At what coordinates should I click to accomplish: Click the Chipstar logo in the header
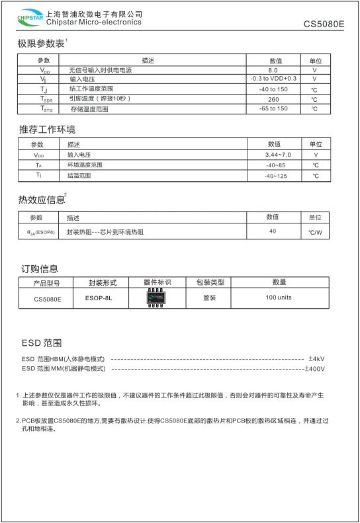coord(27,19)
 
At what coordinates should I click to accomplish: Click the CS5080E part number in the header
coord(324,24)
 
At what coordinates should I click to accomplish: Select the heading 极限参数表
coord(41,44)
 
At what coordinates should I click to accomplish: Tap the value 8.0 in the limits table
coord(273,69)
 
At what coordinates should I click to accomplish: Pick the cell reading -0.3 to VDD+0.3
coord(273,79)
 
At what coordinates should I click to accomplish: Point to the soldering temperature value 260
coord(273,99)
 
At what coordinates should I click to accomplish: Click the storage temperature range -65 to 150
coord(273,108)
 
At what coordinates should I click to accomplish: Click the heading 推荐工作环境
coord(46,128)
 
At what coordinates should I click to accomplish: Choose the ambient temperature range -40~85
coord(275,165)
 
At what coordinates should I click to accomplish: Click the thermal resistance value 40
coord(273,231)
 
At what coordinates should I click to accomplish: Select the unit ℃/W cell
coord(315,233)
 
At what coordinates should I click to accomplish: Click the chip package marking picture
coord(157,298)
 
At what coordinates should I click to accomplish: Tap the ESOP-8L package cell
coord(99,298)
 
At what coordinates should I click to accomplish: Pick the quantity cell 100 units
coord(279,298)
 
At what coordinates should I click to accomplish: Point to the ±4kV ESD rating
coord(316,359)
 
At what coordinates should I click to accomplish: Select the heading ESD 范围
coord(42,343)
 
